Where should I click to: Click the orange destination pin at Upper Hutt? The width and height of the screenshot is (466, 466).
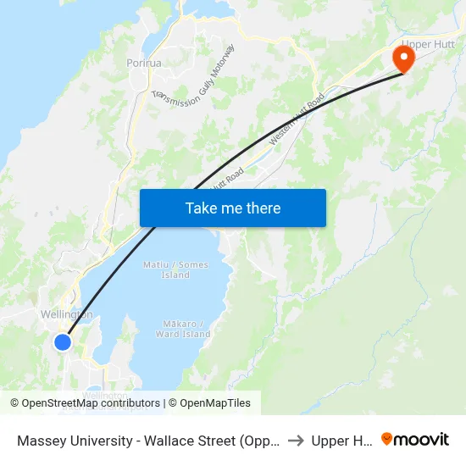tap(403, 58)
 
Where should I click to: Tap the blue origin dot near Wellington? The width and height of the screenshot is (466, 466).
tap(63, 341)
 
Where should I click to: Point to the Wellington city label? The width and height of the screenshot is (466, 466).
tap(66, 315)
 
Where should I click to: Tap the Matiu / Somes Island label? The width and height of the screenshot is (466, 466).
tap(184, 270)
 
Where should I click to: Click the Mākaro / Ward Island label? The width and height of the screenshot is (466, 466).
tap(183, 329)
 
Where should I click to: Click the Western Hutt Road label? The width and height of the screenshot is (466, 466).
tap(297, 120)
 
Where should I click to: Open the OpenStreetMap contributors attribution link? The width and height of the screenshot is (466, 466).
tap(91, 403)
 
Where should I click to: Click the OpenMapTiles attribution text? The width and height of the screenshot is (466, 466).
tap(214, 403)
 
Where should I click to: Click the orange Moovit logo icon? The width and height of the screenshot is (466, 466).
tap(387, 439)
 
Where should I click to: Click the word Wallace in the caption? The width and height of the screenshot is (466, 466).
tap(169, 441)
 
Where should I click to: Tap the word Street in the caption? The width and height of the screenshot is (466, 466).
tap(223, 441)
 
